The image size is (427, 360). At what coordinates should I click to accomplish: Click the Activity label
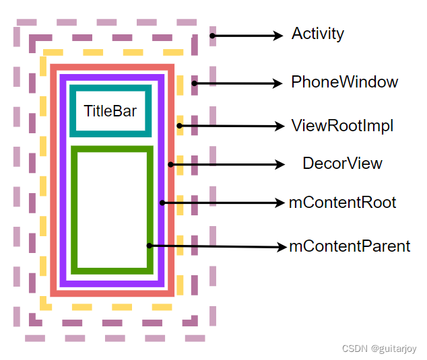[317, 34]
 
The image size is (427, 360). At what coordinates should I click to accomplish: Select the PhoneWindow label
[344, 83]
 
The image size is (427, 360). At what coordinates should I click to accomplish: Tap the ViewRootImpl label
[342, 125]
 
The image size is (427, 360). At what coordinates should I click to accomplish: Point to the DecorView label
[342, 164]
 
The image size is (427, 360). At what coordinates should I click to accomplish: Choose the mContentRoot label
[342, 203]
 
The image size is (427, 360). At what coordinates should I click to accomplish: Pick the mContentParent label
[350, 246]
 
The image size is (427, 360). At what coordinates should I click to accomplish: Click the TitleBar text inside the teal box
[110, 111]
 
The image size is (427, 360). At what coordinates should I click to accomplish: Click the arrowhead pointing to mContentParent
[282, 247]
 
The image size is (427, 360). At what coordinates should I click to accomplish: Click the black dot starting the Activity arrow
[212, 36]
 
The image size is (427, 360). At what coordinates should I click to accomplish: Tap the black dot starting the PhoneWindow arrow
[195, 83]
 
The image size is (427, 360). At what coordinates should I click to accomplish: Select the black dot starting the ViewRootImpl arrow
[180, 125]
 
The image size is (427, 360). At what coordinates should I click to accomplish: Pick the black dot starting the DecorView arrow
[171, 164]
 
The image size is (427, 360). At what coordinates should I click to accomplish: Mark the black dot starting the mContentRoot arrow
[162, 202]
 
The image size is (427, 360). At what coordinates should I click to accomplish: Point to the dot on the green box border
[150, 246]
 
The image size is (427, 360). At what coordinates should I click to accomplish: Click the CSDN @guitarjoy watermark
[379, 349]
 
